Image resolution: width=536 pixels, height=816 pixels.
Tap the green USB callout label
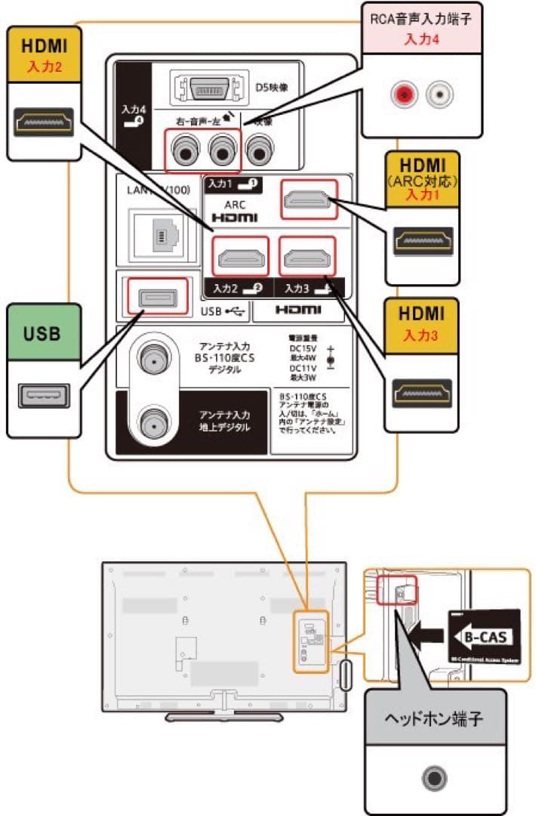click(x=43, y=333)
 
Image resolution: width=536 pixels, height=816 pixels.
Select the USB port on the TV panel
click(x=156, y=296)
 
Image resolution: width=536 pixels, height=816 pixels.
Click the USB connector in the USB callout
click(x=43, y=395)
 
